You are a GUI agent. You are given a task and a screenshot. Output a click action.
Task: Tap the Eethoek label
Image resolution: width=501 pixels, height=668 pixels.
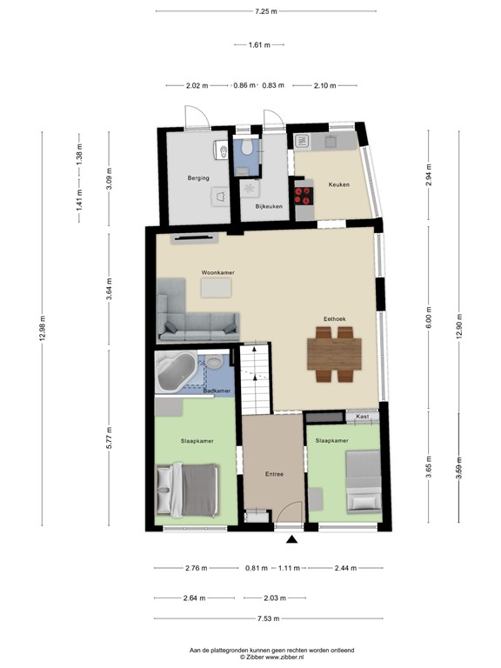335,319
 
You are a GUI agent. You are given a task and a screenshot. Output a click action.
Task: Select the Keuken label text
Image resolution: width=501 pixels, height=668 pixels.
338,184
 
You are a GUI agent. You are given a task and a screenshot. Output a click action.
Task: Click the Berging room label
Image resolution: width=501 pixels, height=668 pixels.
198,178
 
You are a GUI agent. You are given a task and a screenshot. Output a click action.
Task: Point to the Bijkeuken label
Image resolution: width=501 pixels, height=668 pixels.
269,206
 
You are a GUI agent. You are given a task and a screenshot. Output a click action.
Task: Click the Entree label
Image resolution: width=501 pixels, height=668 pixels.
275,473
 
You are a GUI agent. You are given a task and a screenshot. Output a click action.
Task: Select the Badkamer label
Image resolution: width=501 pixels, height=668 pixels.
216,391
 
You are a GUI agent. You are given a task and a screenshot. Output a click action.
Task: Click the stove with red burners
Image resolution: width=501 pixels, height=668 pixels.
304,194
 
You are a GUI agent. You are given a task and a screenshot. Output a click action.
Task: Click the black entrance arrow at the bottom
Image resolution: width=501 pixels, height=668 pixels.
291,540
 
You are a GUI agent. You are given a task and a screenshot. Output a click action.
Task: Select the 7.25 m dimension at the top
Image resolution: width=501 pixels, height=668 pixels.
265,11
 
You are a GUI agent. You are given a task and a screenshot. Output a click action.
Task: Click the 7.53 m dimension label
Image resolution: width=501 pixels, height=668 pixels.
266,618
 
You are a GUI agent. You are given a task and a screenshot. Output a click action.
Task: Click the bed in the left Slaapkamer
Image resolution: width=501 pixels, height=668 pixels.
186,490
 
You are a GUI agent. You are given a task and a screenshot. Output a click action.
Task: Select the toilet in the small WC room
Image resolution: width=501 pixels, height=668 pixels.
247,149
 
